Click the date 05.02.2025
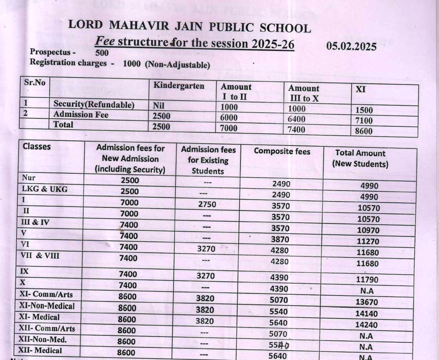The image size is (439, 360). click(351, 47)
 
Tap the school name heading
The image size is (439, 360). click(190, 26)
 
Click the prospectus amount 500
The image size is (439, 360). click(102, 53)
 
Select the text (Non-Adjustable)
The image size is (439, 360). click(177, 65)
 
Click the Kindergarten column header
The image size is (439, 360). click(179, 86)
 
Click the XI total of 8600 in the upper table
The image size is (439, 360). click(364, 131)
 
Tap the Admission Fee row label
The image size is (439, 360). click(81, 115)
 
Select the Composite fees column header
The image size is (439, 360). click(282, 151)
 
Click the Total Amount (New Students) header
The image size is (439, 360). click(360, 158)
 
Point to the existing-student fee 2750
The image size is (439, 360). click(207, 204)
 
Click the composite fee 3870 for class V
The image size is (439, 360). click(280, 239)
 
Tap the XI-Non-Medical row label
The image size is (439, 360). click(47, 306)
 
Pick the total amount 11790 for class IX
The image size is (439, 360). click(367, 280)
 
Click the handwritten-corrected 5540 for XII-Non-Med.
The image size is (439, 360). click(279, 345)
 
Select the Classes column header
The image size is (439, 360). click(37, 147)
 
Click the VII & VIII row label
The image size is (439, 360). click(40, 256)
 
